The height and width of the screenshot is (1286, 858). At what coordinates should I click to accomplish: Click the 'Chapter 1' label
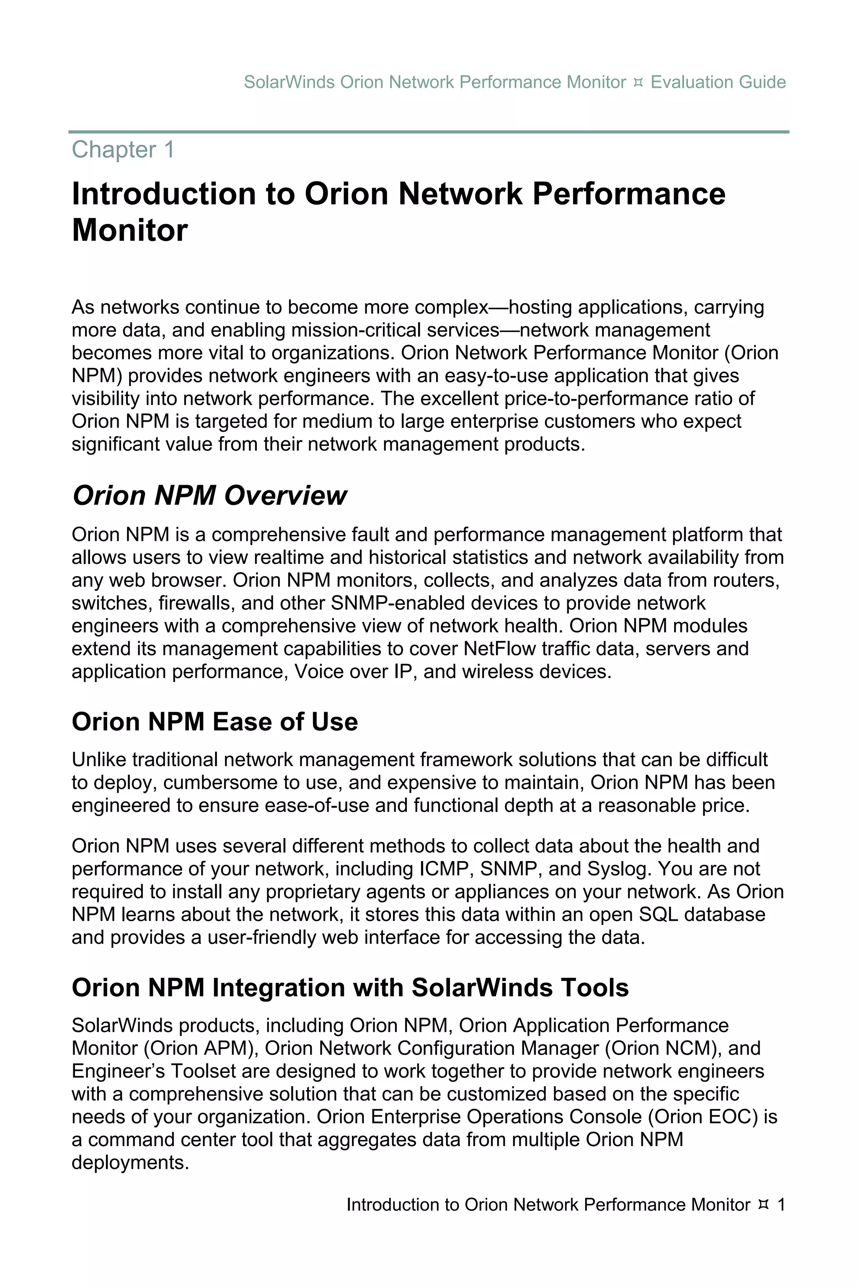123,150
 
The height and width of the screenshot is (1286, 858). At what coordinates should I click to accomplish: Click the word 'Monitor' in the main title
130,230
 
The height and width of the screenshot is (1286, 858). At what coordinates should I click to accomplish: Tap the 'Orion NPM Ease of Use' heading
214,722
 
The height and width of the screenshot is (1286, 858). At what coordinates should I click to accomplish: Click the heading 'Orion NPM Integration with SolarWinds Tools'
350,988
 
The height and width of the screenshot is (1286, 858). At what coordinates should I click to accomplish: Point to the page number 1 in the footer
781,1204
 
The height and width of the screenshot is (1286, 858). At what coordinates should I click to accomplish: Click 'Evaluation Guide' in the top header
718,82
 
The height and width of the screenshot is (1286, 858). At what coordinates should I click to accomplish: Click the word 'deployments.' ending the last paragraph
130,1163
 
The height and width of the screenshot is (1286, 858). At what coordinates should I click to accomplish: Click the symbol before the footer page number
764,1204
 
